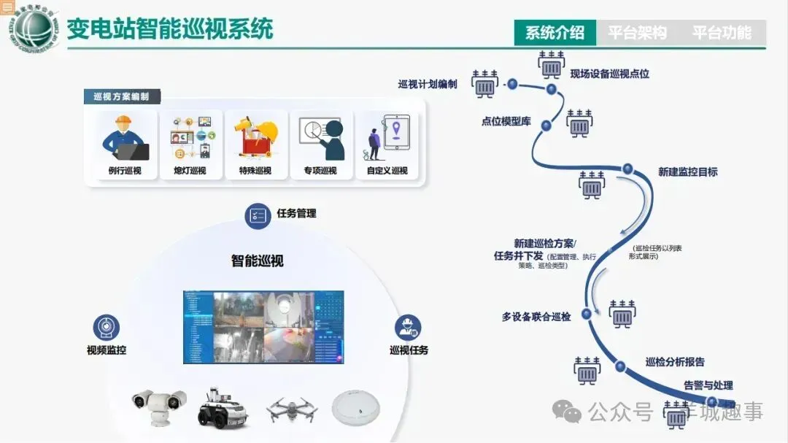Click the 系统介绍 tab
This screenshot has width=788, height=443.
click(x=555, y=33)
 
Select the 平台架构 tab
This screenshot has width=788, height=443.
click(x=637, y=33)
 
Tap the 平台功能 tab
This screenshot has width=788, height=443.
click(x=721, y=33)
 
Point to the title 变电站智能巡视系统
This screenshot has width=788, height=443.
click(x=169, y=29)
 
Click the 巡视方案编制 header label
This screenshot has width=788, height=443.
click(x=121, y=96)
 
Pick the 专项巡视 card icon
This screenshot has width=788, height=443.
click(x=320, y=139)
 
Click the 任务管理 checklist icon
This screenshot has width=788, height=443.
click(x=257, y=215)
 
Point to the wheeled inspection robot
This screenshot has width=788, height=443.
click(x=223, y=407)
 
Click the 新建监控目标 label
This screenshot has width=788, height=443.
click(x=687, y=172)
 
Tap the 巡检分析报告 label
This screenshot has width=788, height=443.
click(x=675, y=362)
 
